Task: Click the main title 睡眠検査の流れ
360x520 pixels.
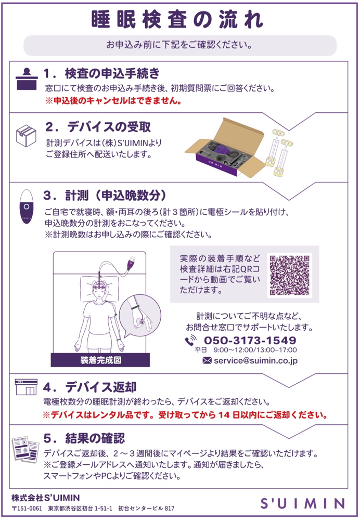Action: coord(177,20)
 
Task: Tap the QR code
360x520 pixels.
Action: coord(289,275)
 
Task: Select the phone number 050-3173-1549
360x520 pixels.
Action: coord(250,340)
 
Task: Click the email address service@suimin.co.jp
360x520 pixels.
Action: coord(255,360)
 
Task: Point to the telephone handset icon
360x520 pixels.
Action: coord(190,340)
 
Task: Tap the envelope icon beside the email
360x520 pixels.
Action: coord(207,360)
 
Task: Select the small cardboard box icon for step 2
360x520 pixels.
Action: coord(26,135)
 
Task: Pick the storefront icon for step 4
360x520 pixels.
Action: coord(26,387)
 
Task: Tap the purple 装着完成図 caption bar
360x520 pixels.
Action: coord(100,360)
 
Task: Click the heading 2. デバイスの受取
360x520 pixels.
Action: coord(98,127)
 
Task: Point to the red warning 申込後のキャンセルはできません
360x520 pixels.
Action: coord(114,101)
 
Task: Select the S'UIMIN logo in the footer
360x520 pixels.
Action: coord(302,503)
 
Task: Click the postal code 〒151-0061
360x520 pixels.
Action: coord(27,509)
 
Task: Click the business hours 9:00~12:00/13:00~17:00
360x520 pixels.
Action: coord(255,350)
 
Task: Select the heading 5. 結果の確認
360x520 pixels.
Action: coord(84,438)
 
